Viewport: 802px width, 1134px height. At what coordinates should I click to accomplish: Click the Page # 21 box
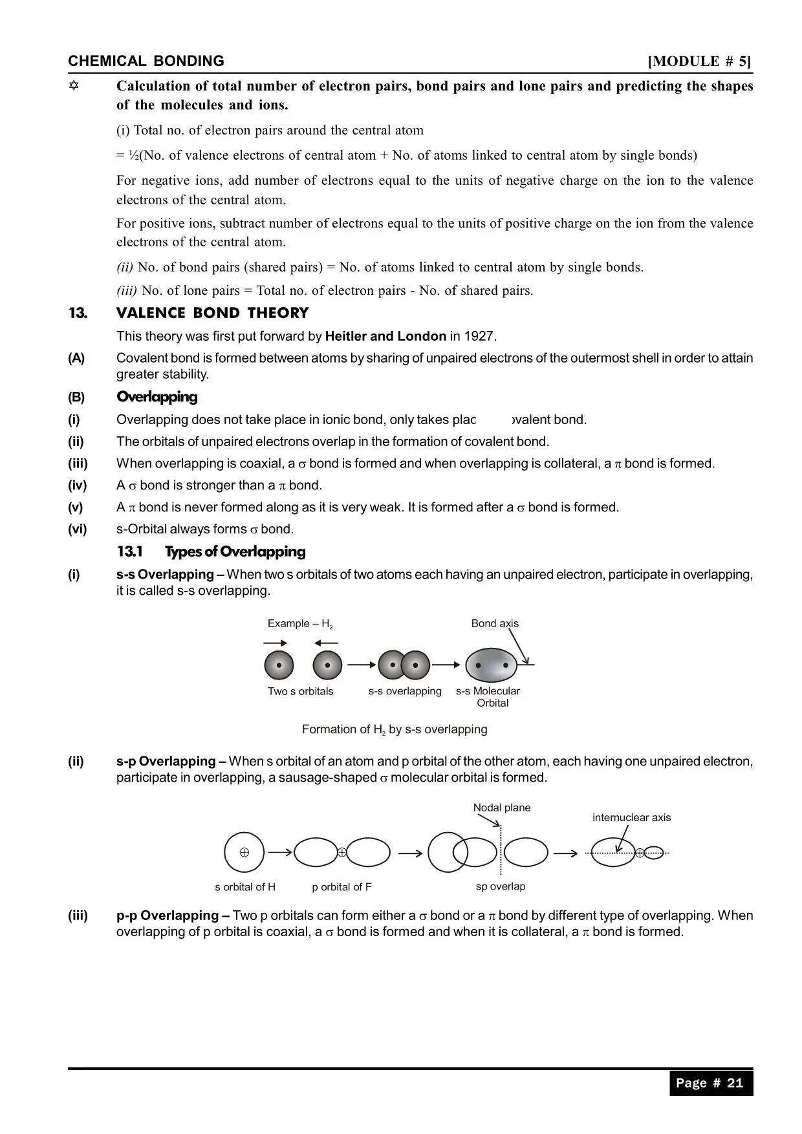pos(710,1083)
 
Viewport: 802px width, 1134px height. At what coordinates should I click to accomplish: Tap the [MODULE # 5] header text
pos(699,61)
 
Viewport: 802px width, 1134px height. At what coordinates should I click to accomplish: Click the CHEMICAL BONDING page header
pos(146,61)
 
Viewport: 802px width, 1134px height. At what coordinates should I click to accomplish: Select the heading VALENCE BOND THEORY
pos(212,313)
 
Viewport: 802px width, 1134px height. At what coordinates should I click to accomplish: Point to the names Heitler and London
pos(385,336)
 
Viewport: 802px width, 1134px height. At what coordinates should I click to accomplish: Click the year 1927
pos(480,336)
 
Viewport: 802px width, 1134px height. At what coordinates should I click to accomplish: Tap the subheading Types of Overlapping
pos(235,551)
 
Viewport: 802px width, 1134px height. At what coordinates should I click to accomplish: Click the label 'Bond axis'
pos(494,623)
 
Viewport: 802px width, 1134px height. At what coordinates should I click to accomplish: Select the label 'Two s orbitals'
pos(301,691)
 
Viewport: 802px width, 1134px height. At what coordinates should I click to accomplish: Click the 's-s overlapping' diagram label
pos(405,691)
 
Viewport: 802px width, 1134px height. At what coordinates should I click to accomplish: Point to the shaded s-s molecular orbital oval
pos(492,665)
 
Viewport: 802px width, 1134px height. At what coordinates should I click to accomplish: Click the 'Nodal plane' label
pos(501,808)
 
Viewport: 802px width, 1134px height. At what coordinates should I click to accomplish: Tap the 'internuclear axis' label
pos(631,817)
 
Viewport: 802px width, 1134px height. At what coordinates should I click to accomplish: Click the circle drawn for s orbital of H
pos(244,852)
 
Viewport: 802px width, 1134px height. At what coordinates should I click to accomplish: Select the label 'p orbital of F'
pos(341,887)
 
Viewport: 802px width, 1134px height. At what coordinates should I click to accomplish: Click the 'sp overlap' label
pos(500,886)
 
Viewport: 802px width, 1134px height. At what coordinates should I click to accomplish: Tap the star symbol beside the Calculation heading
pos(74,86)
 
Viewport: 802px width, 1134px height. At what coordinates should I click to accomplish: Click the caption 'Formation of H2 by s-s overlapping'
pos(395,729)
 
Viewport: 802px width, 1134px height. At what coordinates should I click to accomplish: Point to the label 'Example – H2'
pos(300,624)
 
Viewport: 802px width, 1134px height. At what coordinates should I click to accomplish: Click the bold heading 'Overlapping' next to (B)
pos(157,397)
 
